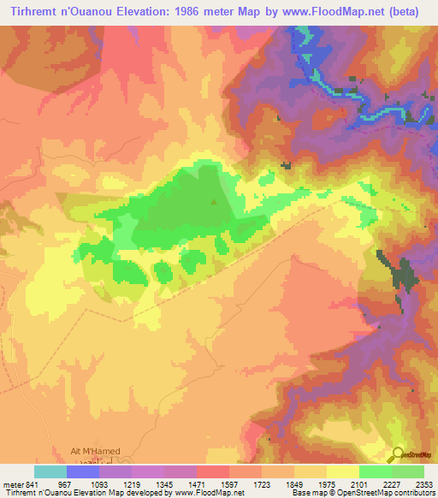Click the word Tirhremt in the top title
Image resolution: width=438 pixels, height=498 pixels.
[30, 11]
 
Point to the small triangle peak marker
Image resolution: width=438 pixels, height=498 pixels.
[214, 203]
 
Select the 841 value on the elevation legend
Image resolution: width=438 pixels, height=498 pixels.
[30, 485]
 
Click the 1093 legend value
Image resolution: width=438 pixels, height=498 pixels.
[100, 485]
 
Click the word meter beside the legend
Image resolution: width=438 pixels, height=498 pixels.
[11, 485]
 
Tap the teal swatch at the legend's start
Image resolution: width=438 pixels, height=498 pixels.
[50, 471]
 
